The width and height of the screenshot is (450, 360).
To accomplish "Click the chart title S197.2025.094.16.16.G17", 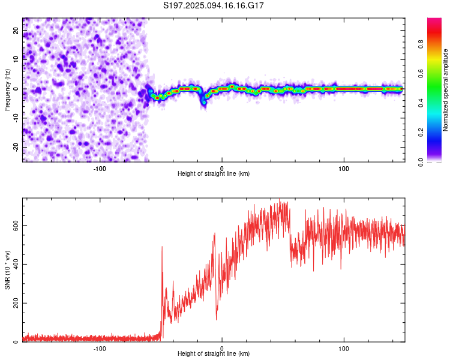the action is [x=213, y=5].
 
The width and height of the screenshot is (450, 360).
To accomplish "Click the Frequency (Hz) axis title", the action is [x=7, y=90].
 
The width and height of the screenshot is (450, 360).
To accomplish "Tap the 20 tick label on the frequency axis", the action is [x=16, y=31].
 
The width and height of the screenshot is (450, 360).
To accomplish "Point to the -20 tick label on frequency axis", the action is [x=16, y=148].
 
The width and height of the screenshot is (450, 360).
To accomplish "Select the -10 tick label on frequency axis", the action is [x=16, y=118].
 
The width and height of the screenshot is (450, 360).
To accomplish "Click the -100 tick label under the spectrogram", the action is [x=100, y=169].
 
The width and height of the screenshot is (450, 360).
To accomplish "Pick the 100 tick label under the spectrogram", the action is [x=344, y=169].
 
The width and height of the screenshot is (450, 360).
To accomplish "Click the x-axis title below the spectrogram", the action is [x=214, y=173].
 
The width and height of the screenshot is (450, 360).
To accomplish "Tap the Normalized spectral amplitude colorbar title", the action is [x=445, y=90].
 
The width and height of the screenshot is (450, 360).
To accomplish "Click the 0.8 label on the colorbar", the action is [x=421, y=44].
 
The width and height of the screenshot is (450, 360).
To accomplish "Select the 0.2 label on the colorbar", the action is [x=421, y=133].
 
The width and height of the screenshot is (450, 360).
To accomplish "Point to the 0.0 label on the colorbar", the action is [x=421, y=162].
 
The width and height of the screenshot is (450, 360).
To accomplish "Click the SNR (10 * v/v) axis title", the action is [x=7, y=270].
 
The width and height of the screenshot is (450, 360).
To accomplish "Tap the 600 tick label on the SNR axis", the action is [x=16, y=226].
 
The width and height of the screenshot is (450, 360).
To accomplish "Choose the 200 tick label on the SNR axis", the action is [x=16, y=303].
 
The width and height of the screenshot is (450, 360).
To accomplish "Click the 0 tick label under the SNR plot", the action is [x=221, y=349].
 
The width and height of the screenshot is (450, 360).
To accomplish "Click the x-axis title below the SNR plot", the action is [x=214, y=353].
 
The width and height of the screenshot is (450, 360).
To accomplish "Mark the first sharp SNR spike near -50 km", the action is [x=162, y=247].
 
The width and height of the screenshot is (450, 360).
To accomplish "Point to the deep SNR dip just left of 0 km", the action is [x=217, y=318].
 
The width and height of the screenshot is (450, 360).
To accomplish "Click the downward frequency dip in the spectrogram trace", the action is [x=204, y=102].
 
